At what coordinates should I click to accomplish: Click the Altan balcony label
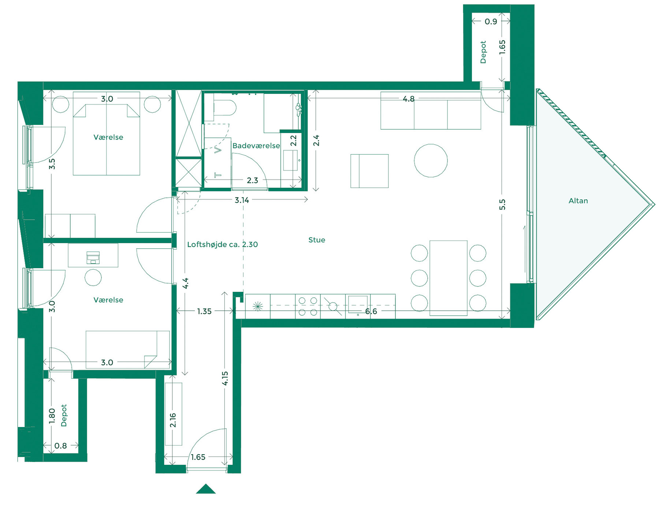(578, 201)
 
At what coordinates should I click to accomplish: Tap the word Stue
(316, 240)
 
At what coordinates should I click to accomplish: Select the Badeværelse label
(256, 146)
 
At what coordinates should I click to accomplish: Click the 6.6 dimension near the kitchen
(371, 311)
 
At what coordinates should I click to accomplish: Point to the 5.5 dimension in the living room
(502, 204)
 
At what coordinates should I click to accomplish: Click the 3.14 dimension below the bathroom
(242, 200)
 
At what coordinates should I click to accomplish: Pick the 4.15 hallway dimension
(225, 378)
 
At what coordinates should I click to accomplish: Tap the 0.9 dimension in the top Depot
(491, 22)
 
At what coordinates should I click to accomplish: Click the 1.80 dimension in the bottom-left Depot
(52, 416)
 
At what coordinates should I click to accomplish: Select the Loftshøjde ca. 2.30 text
(222, 244)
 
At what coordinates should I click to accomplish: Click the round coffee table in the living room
(431, 161)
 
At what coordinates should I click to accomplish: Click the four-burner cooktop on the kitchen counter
(308, 306)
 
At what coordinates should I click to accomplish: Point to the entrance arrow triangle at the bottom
(206, 489)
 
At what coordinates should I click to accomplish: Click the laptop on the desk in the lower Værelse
(93, 257)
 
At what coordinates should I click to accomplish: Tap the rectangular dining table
(448, 278)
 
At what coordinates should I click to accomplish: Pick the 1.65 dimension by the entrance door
(198, 457)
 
